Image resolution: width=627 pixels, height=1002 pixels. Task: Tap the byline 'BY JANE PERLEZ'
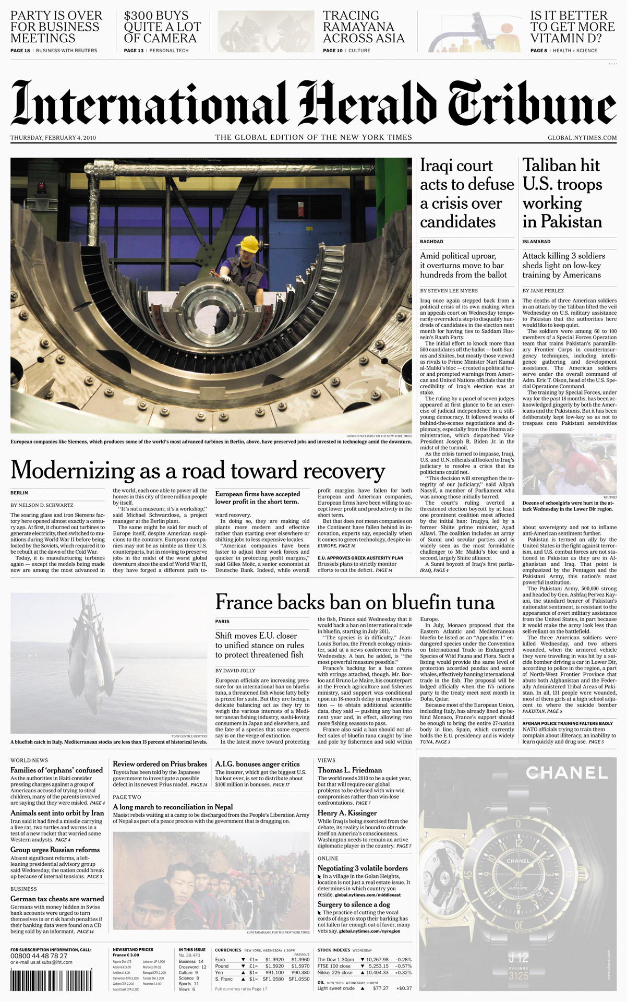pyautogui.click(x=543, y=290)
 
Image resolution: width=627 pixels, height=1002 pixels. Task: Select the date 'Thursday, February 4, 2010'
pyautogui.click(x=53, y=138)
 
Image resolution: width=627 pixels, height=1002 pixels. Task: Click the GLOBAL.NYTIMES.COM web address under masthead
pyautogui.click(x=582, y=138)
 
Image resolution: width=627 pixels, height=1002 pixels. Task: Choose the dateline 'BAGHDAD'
pyautogui.click(x=432, y=242)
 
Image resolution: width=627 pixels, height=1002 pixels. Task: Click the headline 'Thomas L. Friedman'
pyautogui.click(x=349, y=770)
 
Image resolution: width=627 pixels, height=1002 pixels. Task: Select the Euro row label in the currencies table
pyautogui.click(x=220, y=959)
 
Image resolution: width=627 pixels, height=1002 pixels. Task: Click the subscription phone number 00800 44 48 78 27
pyautogui.click(x=39, y=956)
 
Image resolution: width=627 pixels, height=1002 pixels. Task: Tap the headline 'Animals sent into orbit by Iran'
pyautogui.click(x=57, y=813)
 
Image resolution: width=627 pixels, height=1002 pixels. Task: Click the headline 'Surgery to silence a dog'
pyautogui.click(x=354, y=904)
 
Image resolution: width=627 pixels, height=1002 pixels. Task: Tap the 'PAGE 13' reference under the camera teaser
pyautogui.click(x=134, y=51)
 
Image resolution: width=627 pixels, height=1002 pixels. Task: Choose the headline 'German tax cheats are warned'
pyautogui.click(x=57, y=899)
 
